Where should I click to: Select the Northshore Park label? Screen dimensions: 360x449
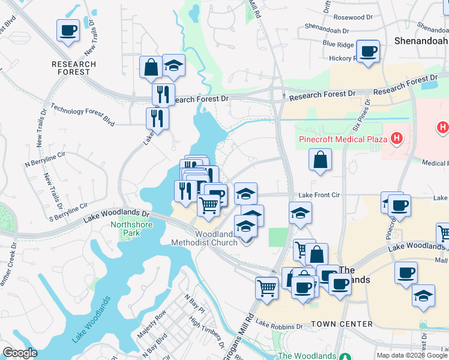[131, 229]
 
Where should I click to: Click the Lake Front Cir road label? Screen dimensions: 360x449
[319, 195]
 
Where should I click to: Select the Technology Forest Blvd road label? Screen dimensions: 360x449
[82, 113]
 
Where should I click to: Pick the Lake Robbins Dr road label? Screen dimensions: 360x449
[279, 325]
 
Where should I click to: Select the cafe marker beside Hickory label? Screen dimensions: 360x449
[368, 51]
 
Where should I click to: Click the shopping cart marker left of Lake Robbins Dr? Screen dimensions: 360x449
[267, 287]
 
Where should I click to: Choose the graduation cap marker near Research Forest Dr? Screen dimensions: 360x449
[173, 65]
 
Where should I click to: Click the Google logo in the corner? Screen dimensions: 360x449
[20, 353]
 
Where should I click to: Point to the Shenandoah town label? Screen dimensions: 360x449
[421, 41]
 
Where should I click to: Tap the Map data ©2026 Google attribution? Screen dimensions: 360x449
[412, 355]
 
